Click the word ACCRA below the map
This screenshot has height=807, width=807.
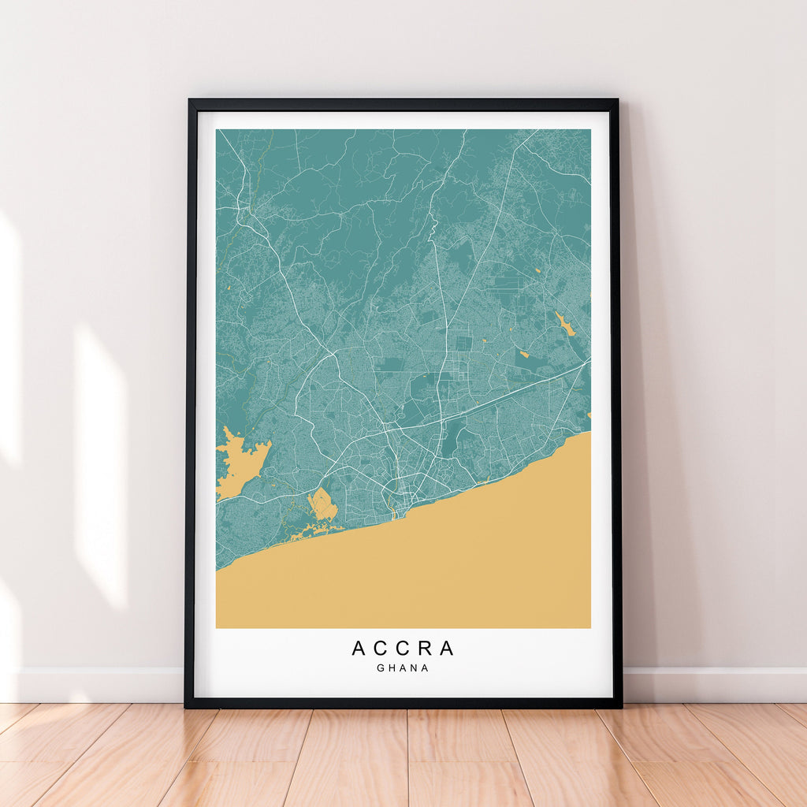point(403,648)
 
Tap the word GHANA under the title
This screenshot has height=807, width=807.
point(403,668)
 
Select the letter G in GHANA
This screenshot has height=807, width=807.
point(381,668)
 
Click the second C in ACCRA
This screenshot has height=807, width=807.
point(403,648)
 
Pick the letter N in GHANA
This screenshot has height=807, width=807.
point(415,668)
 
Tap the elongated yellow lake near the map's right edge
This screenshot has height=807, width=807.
point(564,322)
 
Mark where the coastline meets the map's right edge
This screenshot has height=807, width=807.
point(590,432)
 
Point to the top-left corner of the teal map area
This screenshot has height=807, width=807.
point(217,130)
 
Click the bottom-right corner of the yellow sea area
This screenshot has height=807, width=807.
point(589,627)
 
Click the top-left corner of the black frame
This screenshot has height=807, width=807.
point(190,100)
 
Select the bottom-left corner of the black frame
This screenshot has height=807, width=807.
point(186,706)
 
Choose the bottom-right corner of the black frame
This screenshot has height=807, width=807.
point(620,706)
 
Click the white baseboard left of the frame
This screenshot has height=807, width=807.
point(95,684)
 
